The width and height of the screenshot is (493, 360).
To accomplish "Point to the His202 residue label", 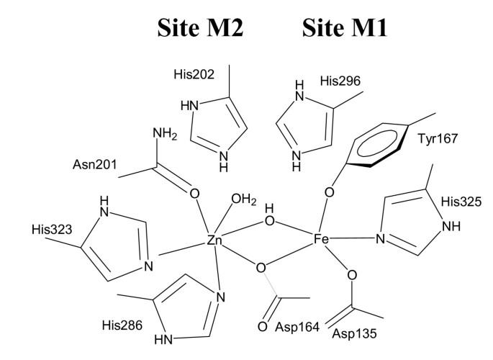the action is [x=195, y=74].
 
